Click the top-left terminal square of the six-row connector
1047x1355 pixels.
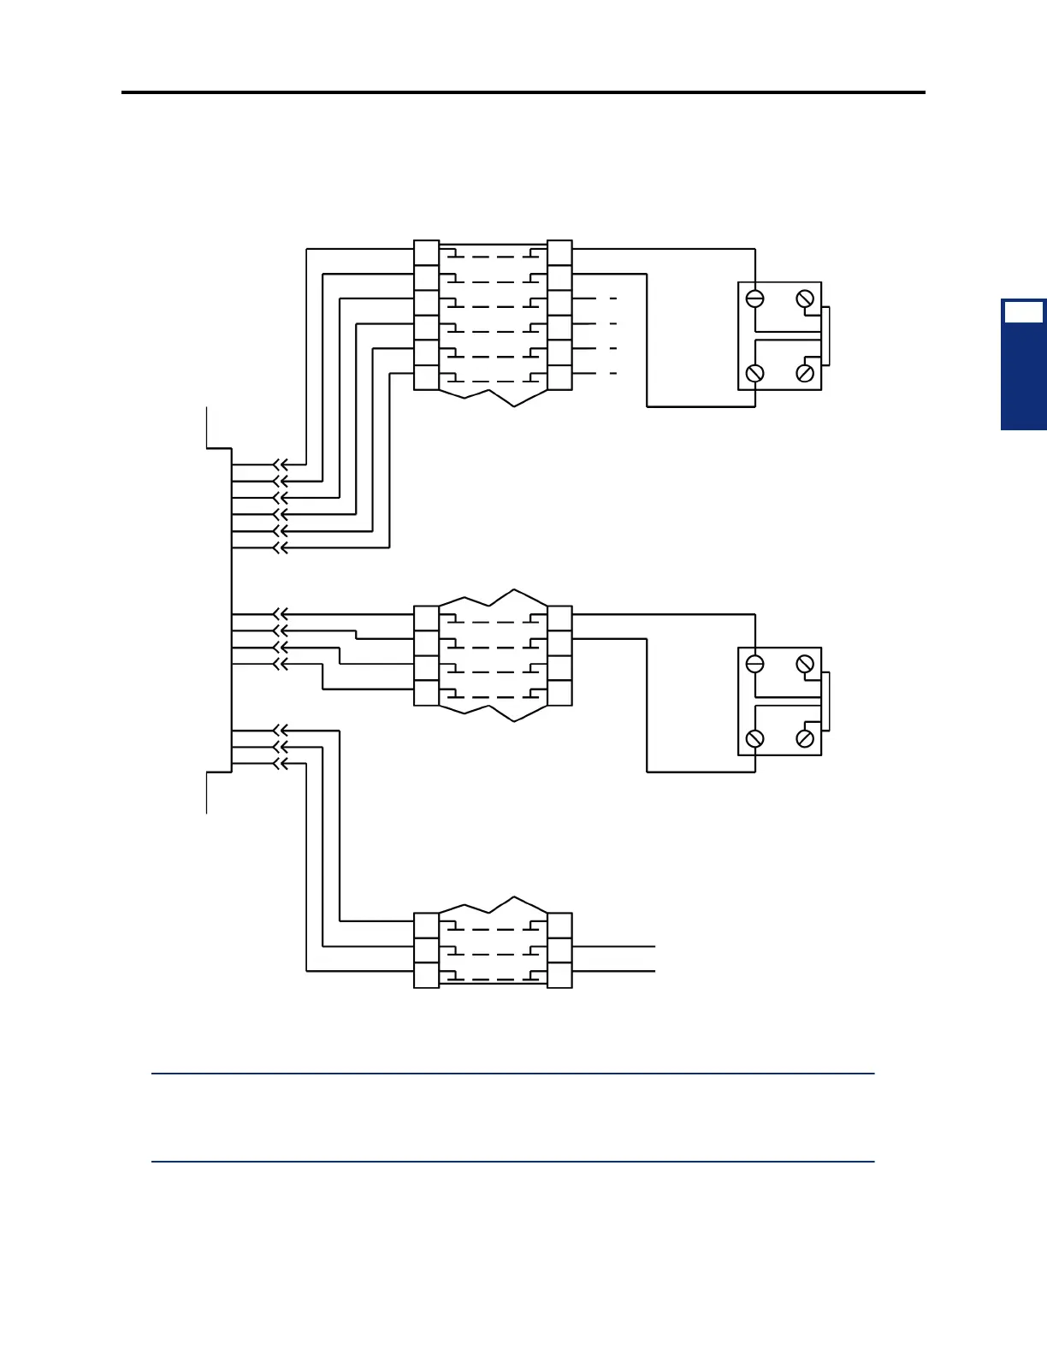coord(426,253)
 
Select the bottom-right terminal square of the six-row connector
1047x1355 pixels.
coord(559,377)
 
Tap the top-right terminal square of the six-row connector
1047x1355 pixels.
coord(559,253)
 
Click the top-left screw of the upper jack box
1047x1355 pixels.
coord(755,299)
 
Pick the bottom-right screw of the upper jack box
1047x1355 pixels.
coord(805,373)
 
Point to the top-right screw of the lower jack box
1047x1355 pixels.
coord(805,664)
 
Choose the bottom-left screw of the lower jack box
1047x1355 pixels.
coord(755,738)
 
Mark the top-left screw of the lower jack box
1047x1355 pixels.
coord(755,664)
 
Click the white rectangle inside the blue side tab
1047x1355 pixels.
coord(1023,312)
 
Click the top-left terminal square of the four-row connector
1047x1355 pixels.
coord(426,618)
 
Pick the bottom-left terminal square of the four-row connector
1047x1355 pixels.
coord(426,693)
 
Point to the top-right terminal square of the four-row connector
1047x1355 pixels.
coord(559,618)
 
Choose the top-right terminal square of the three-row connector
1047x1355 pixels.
coord(559,926)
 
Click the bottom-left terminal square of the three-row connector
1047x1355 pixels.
coord(426,975)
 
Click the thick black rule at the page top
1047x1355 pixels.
coord(523,92)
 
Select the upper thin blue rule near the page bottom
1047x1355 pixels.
coord(513,1074)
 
